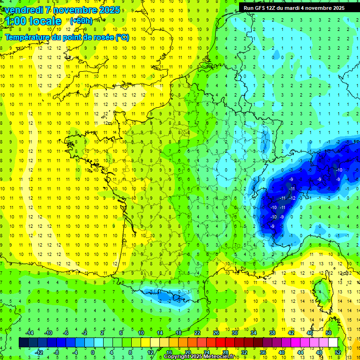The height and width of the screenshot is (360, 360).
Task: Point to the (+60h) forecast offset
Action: tap(81, 21)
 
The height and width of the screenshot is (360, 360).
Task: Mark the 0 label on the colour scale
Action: tap(92, 352)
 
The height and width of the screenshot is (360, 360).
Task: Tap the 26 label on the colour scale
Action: tap(216, 332)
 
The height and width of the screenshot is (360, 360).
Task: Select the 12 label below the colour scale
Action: tap(150, 352)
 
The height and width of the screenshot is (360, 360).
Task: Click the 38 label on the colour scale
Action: tap(272, 332)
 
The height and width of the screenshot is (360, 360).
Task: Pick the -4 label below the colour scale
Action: tap(75, 352)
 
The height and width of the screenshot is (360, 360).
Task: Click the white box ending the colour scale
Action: tap(333, 342)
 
